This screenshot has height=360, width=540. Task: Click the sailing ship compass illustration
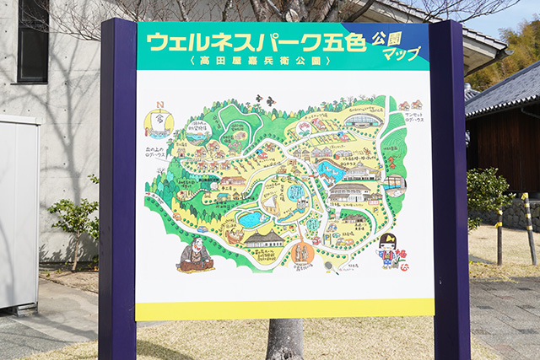(158, 123)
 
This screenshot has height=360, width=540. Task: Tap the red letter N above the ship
(159, 105)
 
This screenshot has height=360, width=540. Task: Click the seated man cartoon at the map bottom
(196, 255)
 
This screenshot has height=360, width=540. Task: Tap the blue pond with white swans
(331, 171)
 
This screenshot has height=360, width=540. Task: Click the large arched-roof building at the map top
(363, 120)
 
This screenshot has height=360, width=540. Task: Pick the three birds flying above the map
(265, 100)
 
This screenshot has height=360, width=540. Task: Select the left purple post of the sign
(116, 185)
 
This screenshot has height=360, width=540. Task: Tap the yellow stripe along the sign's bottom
(284, 309)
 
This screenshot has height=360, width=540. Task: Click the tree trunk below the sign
(284, 339)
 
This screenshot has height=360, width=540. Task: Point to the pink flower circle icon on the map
(304, 129)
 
